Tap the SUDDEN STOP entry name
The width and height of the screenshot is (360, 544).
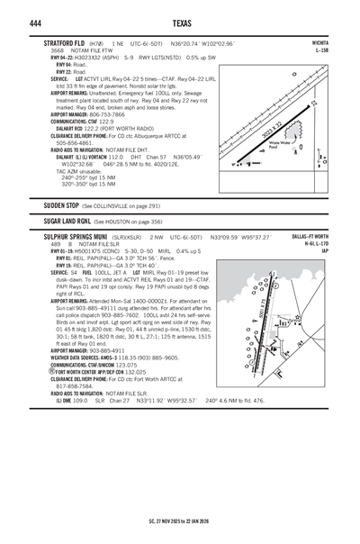[65, 205]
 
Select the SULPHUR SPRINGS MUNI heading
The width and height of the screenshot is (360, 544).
[82, 237]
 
